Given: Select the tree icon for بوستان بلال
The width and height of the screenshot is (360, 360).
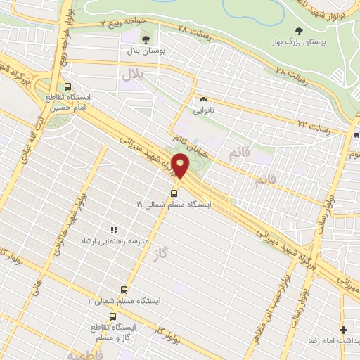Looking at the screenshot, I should [x=146, y=39].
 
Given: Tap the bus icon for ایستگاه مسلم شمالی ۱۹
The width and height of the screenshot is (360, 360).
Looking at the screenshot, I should [x=174, y=192].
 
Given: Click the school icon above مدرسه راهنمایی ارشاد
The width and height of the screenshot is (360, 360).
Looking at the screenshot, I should [x=115, y=229].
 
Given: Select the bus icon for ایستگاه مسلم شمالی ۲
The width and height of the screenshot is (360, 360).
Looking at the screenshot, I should [x=124, y=289].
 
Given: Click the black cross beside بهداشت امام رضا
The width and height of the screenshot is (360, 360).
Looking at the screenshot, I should [x=343, y=330].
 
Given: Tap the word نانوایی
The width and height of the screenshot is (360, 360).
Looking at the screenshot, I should [x=204, y=110].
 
